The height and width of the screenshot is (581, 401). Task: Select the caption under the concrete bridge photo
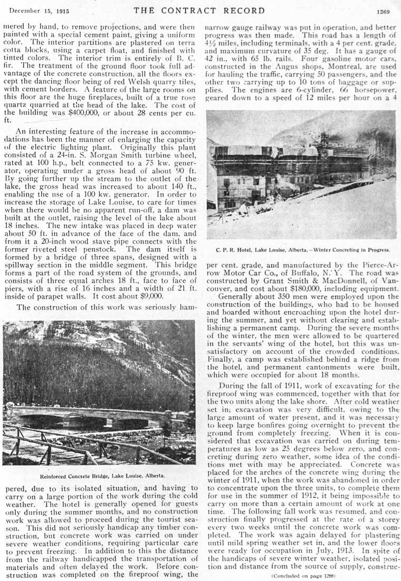pyautogui.click(x=99, y=475)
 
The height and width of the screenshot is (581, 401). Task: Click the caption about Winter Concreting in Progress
pyautogui.click(x=302, y=249)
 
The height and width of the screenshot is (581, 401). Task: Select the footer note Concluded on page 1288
pyautogui.click(x=302, y=575)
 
